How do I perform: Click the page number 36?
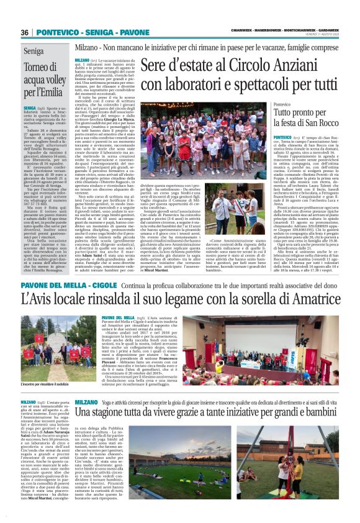(25, 32)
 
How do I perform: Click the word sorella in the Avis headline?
(251, 299)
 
